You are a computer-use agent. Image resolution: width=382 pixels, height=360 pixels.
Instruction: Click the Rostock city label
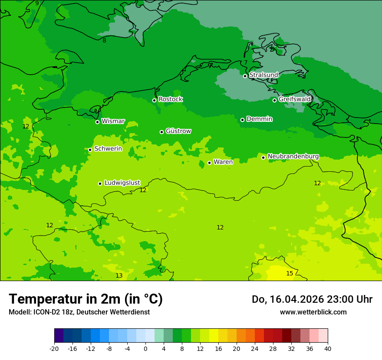point(170,99)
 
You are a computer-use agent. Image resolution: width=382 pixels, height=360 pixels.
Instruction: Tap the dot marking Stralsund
point(245,76)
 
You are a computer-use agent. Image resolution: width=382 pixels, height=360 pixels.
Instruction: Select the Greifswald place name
point(294,99)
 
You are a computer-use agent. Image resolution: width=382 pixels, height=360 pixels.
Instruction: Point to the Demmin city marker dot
point(242,120)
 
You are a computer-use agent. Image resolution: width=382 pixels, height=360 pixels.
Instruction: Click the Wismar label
point(113,121)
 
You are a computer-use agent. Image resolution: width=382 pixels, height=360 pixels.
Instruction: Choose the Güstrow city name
point(178,131)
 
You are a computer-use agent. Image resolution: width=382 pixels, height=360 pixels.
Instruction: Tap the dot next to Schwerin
point(90,150)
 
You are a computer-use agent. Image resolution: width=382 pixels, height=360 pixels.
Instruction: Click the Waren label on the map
point(223,162)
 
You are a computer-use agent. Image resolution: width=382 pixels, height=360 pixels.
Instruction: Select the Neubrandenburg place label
point(293,157)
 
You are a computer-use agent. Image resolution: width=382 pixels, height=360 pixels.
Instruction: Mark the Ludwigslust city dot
point(100,183)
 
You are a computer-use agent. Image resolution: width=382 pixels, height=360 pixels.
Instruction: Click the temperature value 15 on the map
point(290,273)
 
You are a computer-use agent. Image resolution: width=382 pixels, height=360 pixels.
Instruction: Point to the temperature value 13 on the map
point(119,275)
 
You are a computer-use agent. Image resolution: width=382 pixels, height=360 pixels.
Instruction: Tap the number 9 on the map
point(37,3)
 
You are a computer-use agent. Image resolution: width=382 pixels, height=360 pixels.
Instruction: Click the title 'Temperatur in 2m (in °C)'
point(86,299)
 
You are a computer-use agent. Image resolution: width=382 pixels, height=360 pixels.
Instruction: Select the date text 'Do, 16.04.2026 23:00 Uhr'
point(312,299)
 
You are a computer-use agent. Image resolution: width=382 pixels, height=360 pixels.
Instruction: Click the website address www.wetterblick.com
point(313,312)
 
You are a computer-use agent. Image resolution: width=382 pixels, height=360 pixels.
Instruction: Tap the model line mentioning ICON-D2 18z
point(79,312)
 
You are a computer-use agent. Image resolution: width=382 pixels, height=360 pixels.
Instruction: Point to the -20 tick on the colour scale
point(54,348)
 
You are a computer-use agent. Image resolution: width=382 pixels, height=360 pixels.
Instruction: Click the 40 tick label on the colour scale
point(328,348)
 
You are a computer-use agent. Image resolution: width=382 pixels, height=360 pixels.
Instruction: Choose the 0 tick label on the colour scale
point(145,348)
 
